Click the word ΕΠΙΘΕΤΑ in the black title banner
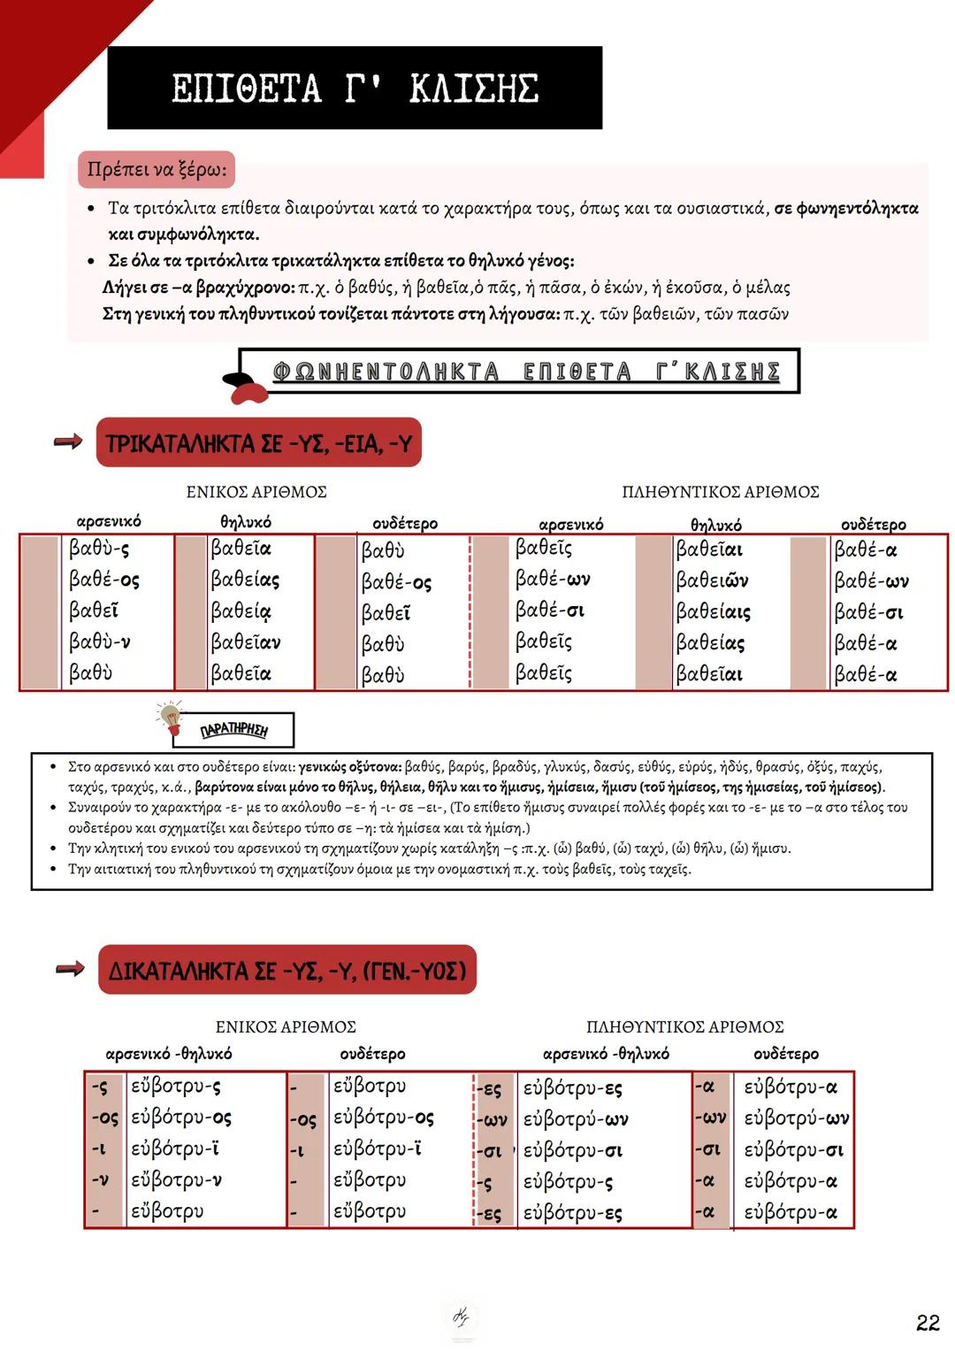coord(246,89)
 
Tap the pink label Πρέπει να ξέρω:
coord(157,169)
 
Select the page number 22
coord(928,1323)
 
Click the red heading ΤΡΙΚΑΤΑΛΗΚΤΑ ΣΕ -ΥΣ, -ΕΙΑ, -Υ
coord(258,443)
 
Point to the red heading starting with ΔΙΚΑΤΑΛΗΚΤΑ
coord(286,971)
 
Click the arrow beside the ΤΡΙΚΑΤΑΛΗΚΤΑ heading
coord(68,441)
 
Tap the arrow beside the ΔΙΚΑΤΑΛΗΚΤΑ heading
coord(70,969)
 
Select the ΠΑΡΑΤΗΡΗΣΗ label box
coord(234,730)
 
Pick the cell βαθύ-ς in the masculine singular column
coord(99,549)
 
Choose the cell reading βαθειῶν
coord(712,580)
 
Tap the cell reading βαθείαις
coord(713,611)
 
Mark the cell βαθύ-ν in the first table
coord(100,641)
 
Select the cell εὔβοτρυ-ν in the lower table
coord(176,1180)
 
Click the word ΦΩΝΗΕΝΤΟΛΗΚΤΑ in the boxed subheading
coord(386,372)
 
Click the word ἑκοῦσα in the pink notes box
coord(698,288)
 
